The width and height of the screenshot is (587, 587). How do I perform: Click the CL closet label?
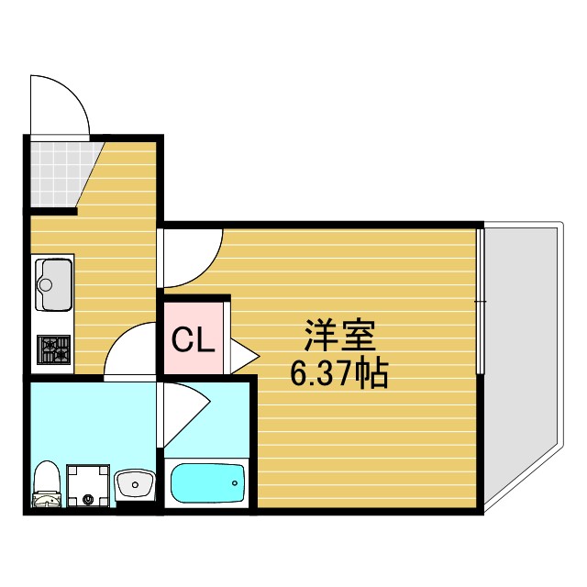[194, 341]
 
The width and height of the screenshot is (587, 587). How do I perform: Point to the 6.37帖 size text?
[338, 374]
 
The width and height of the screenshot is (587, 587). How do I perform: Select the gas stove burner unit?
[53, 350]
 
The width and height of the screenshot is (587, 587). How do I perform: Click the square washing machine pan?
[90, 484]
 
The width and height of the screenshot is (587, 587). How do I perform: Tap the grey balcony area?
[519, 358]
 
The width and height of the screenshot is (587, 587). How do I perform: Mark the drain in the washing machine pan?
[89, 500]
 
